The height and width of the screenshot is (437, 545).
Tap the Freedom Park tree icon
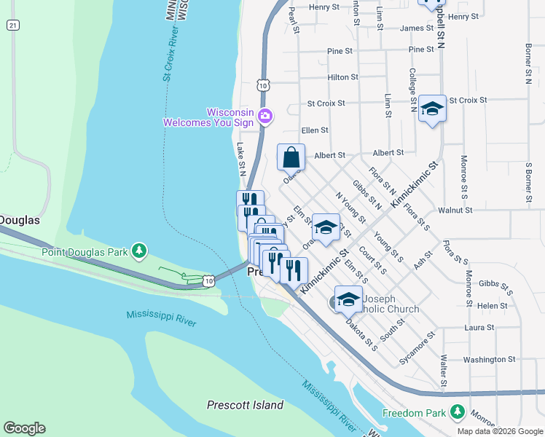458,413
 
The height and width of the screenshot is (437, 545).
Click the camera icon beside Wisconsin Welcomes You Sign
265,116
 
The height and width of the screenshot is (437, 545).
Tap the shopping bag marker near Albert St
291,157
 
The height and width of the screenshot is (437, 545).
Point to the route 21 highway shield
12,25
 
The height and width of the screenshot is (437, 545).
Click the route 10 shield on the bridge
209,280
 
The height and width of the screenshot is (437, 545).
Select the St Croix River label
169,55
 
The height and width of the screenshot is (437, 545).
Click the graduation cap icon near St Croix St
432,109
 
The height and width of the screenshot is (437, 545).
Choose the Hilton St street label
342,76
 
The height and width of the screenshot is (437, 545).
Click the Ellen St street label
315,130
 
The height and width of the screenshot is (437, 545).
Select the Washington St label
489,360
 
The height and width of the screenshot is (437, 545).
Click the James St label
417,28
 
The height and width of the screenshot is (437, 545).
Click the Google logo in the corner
24,428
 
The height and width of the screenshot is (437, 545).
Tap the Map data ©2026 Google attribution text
500,431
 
